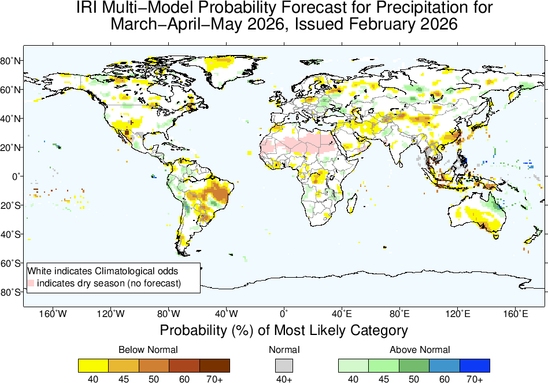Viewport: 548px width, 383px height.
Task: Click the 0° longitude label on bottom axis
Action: pyautogui.click(x=284, y=314)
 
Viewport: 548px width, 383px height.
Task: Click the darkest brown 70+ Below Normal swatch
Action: pyautogui.click(x=214, y=366)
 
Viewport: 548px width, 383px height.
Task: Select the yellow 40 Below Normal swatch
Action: pyautogui.click(x=93, y=366)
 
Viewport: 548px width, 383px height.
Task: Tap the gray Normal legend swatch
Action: pyautogui.click(x=284, y=366)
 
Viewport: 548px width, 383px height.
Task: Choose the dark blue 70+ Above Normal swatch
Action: pyautogui.click(x=475, y=366)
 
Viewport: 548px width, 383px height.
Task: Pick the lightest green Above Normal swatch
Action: pyautogui.click(x=353, y=366)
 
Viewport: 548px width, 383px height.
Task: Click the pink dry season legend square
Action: pyautogui.click(x=32, y=283)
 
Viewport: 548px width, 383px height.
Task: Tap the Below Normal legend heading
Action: pyautogui.click(x=148, y=349)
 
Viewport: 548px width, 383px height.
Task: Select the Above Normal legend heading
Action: pyautogui.click(x=420, y=349)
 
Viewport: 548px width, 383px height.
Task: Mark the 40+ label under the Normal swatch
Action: pyautogui.click(x=284, y=378)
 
